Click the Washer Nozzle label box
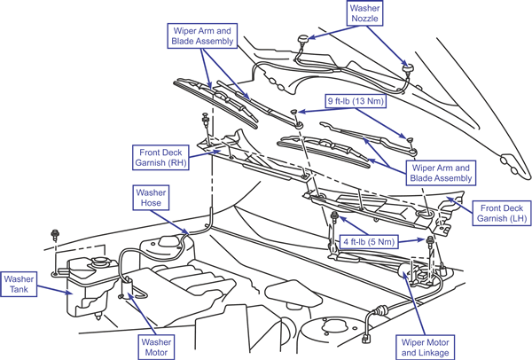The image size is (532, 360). click(x=364, y=13)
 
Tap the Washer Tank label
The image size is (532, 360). click(x=19, y=285)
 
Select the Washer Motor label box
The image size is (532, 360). click(x=156, y=347)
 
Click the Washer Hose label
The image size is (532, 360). click(x=151, y=198)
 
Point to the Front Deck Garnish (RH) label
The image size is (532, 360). click(x=160, y=158)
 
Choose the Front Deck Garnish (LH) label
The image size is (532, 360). click(x=502, y=213)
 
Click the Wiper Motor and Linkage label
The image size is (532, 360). click(x=425, y=348)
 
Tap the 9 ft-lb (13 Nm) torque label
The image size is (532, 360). click(x=356, y=101)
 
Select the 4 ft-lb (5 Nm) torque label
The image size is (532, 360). click(x=369, y=241)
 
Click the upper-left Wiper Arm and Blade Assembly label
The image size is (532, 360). click(x=202, y=35)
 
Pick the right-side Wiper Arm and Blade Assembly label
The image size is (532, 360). click(x=441, y=173)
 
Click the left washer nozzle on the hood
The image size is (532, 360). click(x=302, y=40)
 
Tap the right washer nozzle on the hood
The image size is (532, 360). click(x=408, y=68)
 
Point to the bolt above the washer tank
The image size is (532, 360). click(x=54, y=234)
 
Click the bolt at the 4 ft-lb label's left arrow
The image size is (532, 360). click(x=334, y=215)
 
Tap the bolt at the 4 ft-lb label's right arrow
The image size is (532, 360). click(x=429, y=240)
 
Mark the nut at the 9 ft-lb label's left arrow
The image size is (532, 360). click(x=293, y=112)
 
